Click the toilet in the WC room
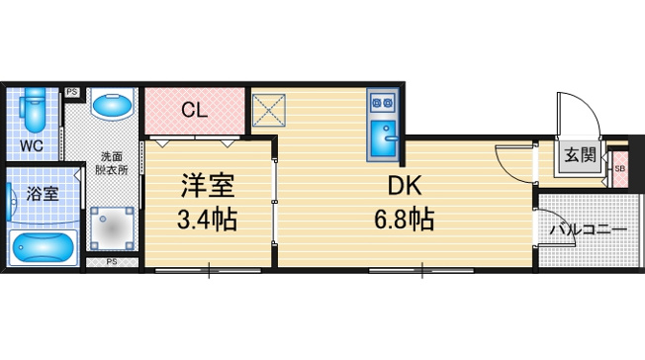point(34,110)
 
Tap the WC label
point(32,145)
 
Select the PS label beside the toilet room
point(72,92)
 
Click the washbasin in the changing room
point(113,106)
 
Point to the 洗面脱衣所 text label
point(112,163)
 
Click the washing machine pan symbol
point(113,228)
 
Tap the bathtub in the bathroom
point(44,248)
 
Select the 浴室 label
point(43,194)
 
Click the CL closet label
point(195,110)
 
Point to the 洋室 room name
point(208,185)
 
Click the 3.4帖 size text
point(207,220)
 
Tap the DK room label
point(405,185)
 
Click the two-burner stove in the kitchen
point(383,103)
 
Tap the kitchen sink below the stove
point(383,138)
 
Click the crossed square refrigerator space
point(269,111)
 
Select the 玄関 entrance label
point(580,155)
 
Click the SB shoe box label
point(620,169)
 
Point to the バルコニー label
point(589,228)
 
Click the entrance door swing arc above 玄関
point(590,109)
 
